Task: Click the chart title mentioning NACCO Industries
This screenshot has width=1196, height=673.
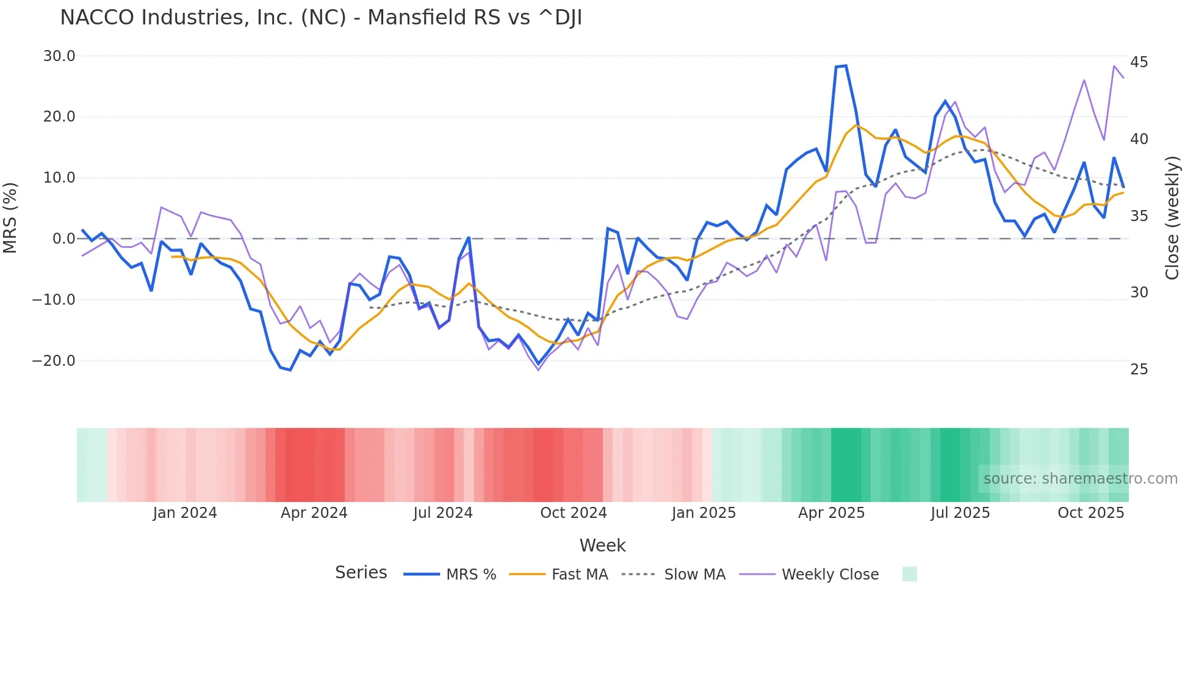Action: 321,18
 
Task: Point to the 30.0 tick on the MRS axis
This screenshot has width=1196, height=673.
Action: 59,56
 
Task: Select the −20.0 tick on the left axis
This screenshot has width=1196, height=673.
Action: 54,361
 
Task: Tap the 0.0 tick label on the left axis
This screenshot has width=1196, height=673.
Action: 63,239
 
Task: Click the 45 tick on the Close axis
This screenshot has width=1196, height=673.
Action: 1139,62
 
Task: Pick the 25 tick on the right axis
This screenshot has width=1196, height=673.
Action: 1139,369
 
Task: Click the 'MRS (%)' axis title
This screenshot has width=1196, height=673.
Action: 10,218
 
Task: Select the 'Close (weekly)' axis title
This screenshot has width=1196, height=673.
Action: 1172,218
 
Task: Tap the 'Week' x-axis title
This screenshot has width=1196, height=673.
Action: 602,545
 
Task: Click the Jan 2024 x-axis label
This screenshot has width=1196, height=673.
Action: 185,513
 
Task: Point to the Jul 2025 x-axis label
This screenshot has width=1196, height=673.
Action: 960,513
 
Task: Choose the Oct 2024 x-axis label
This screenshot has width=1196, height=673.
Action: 574,513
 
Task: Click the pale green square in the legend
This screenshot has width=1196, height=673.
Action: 909,574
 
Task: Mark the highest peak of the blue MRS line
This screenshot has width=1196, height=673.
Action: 845,66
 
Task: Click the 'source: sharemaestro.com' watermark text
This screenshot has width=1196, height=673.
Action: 1080,479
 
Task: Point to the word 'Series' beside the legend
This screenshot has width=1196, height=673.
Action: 361,573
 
